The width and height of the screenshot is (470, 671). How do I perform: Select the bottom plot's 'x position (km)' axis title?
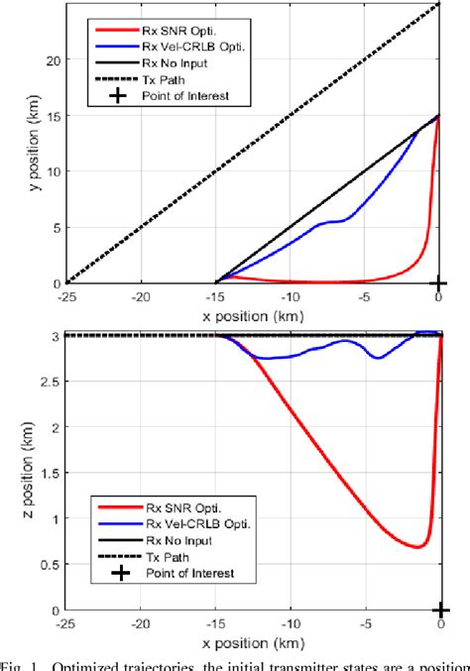coord(253,642)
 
